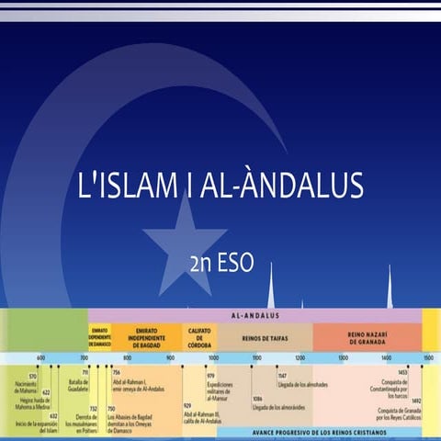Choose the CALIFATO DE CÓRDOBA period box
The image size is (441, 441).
(x=199, y=337)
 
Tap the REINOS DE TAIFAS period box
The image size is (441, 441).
(x=266, y=337)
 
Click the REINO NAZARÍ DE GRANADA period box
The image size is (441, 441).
(x=366, y=337)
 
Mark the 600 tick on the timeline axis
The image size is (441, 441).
(x=40, y=358)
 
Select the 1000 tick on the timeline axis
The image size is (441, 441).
(x=213, y=358)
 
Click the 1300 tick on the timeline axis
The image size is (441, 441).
(x=343, y=358)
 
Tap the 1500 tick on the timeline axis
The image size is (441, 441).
(x=428, y=358)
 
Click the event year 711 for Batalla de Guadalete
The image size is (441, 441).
(x=85, y=372)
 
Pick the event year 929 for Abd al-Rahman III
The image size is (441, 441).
(x=187, y=405)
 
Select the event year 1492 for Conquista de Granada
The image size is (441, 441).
(x=415, y=401)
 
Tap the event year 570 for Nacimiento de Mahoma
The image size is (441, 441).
(x=32, y=377)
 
